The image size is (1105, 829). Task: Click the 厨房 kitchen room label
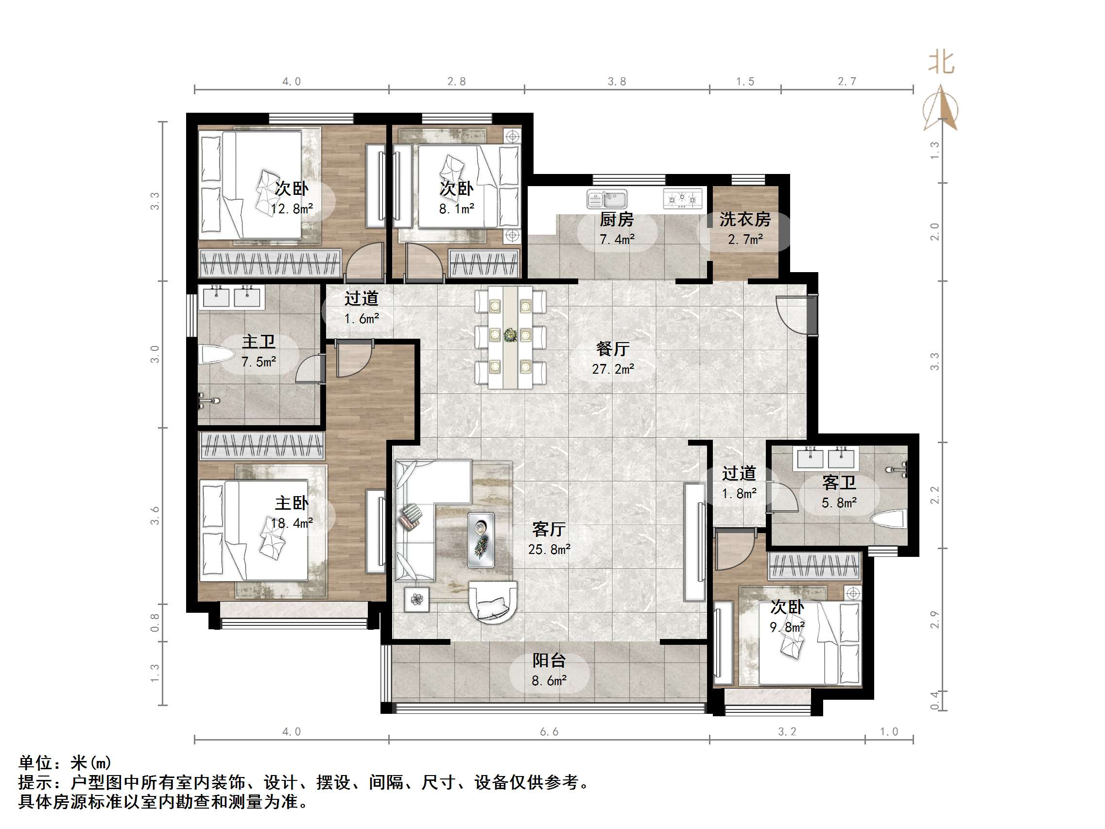[617, 219]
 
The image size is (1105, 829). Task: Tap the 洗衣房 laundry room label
[745, 219]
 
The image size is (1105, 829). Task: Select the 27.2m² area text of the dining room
[613, 369]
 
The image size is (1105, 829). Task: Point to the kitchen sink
[607, 199]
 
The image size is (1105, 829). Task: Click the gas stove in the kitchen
[682, 199]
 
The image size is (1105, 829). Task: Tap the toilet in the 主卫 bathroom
[216, 355]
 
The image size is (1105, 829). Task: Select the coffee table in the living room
[481, 540]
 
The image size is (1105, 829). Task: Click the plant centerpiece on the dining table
[510, 334]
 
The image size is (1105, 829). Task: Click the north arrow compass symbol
[941, 109]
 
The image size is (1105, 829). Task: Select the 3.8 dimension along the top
[617, 82]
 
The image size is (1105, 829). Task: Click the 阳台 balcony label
[549, 660]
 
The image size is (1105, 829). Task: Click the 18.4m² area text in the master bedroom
[292, 523]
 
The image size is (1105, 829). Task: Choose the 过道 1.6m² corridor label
[361, 308]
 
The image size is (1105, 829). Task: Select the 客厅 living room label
[549, 529]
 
